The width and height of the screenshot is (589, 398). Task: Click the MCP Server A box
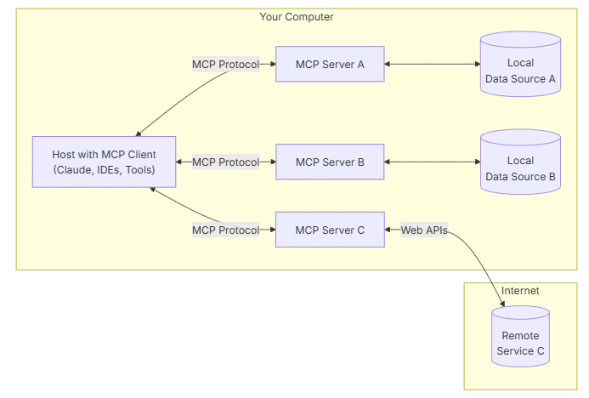point(330,64)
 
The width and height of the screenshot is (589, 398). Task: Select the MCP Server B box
point(330,162)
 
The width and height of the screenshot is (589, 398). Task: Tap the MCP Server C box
point(330,230)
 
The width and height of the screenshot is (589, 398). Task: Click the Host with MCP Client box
point(104,162)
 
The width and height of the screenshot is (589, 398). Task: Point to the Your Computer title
point(296,17)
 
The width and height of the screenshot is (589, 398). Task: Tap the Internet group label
point(520,291)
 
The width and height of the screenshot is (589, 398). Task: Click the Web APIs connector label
point(424,230)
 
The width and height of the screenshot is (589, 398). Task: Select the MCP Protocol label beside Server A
point(225,64)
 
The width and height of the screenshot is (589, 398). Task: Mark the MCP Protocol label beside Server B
point(225,162)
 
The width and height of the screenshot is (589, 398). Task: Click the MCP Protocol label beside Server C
point(225,230)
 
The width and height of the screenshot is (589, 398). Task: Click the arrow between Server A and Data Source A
point(432,64)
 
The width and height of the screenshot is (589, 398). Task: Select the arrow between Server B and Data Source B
point(432,162)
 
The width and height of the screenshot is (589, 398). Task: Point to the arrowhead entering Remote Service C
point(504,301)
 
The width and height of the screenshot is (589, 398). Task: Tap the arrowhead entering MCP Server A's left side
point(271,64)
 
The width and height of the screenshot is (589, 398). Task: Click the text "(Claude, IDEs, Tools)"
point(104,170)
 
